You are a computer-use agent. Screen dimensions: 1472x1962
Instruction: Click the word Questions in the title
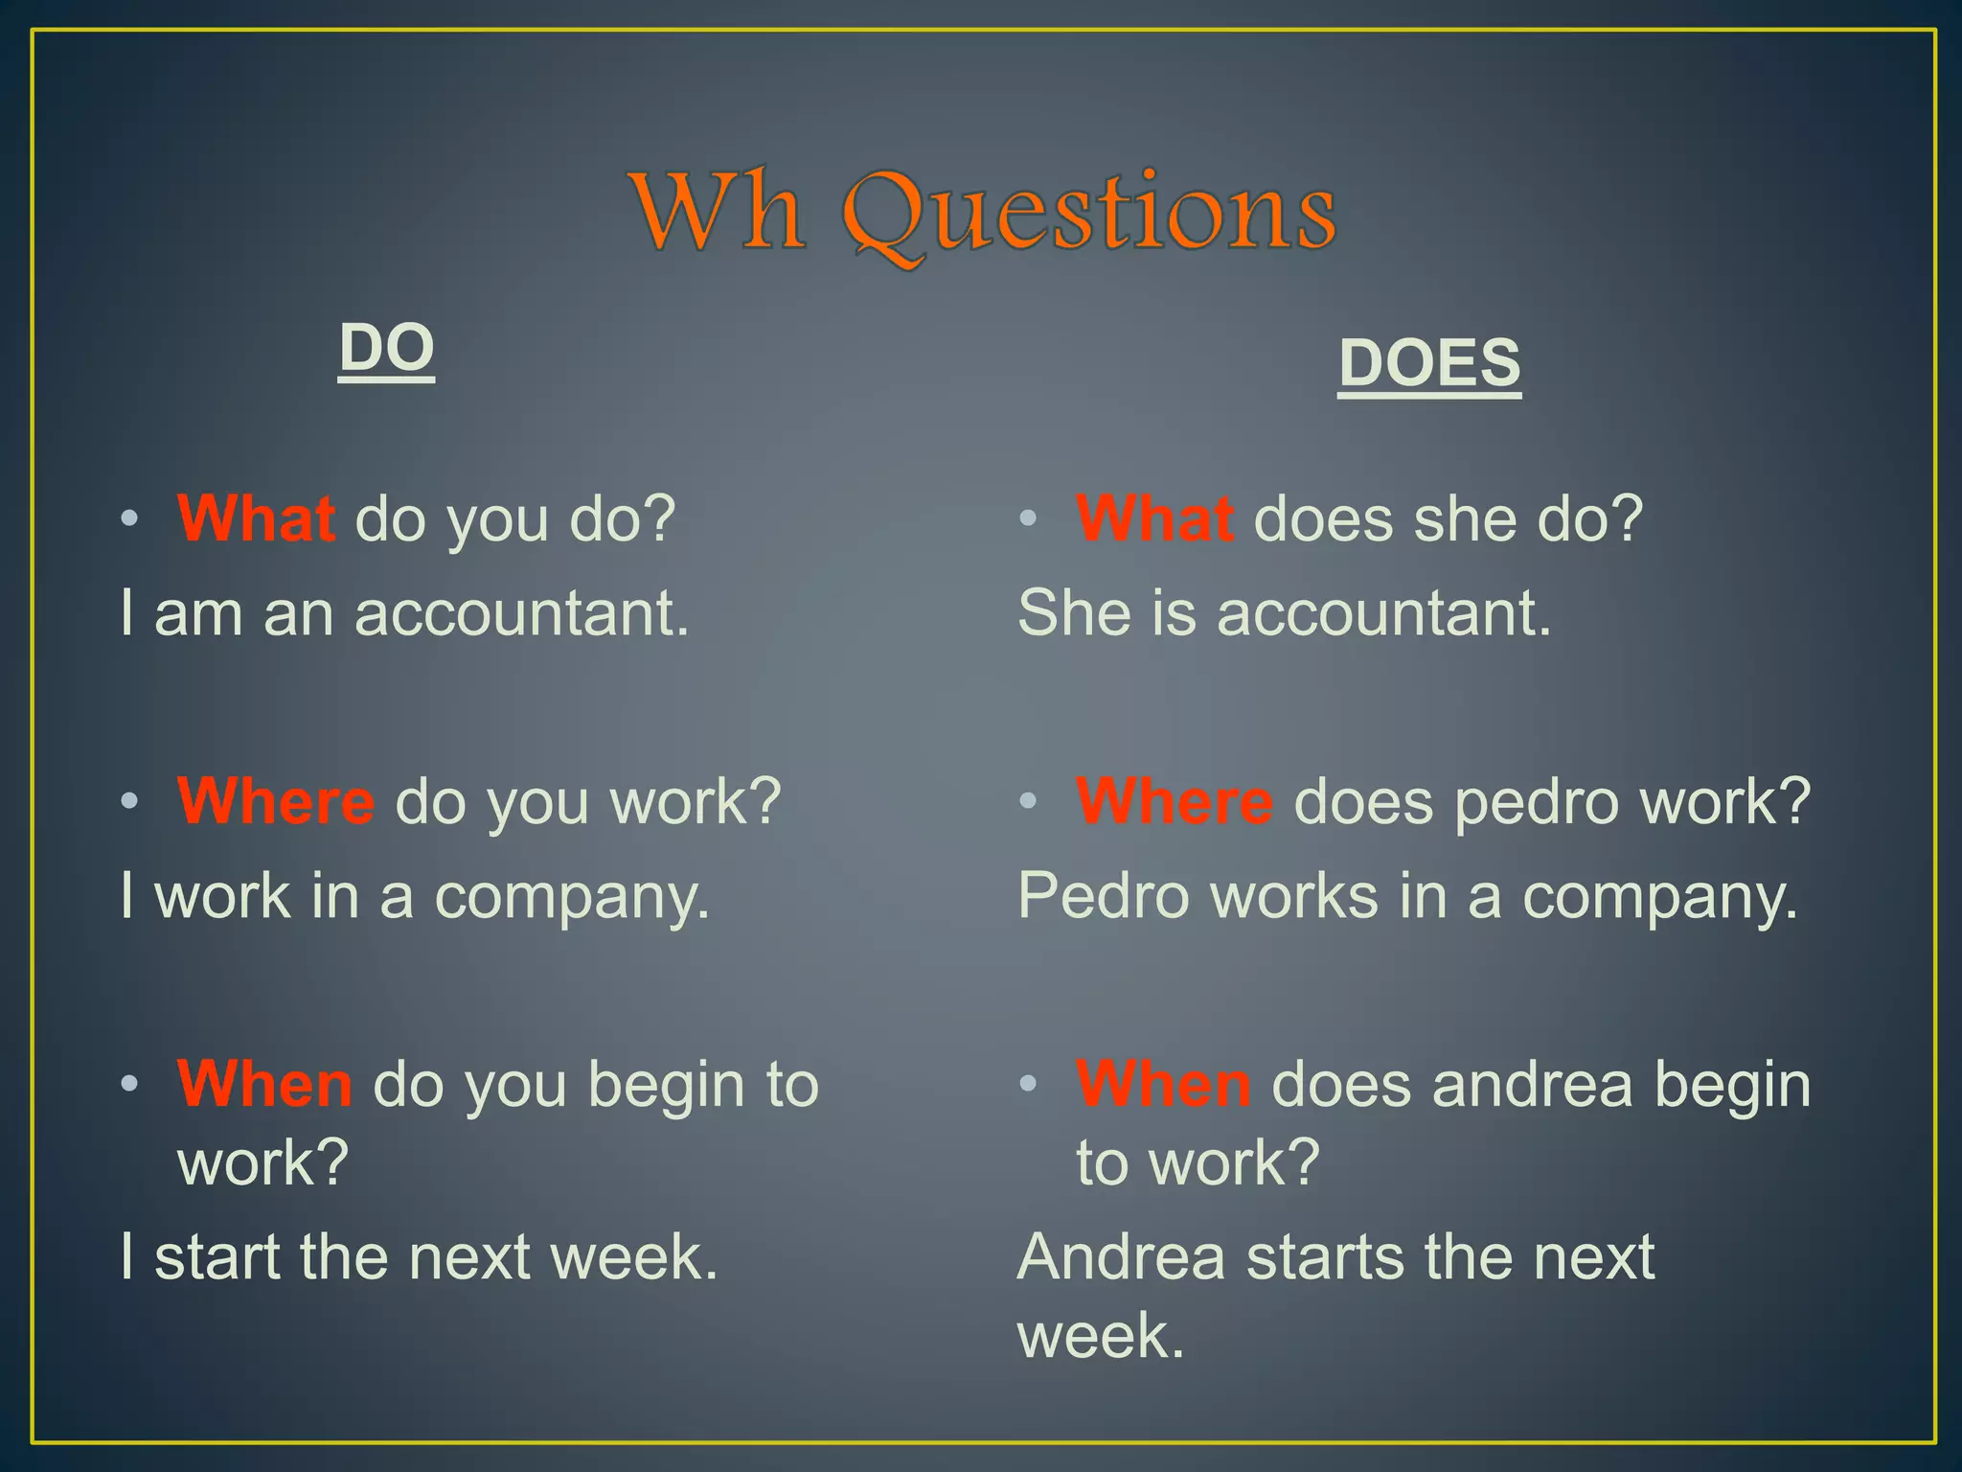click(1089, 213)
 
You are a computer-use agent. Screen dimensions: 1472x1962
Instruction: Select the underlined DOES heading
click(1429, 363)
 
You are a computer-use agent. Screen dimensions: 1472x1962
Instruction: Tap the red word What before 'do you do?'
click(256, 518)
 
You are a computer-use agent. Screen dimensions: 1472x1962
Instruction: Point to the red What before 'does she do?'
click(1154, 518)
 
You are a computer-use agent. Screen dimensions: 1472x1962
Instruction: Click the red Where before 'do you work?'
click(276, 801)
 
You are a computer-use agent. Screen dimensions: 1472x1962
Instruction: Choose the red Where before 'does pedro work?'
click(1175, 801)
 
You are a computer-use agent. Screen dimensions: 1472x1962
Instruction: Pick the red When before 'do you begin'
click(264, 1084)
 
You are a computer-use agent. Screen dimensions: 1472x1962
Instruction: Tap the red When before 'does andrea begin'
click(1163, 1084)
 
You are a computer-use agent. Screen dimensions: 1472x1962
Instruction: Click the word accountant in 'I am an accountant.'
click(521, 613)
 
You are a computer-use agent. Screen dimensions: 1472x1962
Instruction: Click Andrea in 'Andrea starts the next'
click(1121, 1256)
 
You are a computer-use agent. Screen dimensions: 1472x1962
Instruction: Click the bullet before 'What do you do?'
click(129, 519)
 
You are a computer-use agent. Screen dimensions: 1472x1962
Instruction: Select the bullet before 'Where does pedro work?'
click(1028, 801)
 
